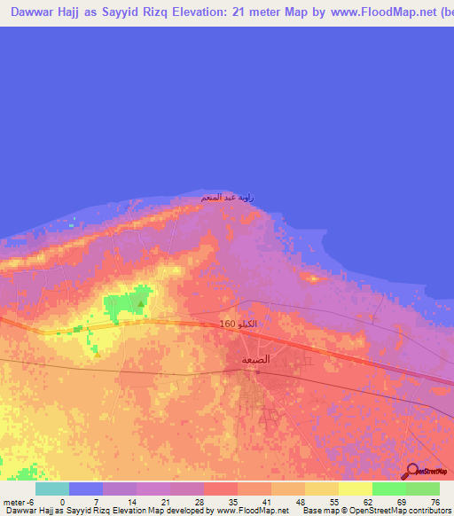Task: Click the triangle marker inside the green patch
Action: pyautogui.click(x=140, y=303)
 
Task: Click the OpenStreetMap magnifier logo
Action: pyautogui.click(x=411, y=472)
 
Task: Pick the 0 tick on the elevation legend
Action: pyautogui.click(x=62, y=501)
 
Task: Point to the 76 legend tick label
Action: pyautogui.click(x=434, y=501)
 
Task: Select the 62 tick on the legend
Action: pyautogui.click(x=366, y=501)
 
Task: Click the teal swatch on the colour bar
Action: pyautogui.click(x=52, y=489)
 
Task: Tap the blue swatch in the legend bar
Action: pyautogui.click(x=86, y=489)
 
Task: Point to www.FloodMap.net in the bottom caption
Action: pyautogui.click(x=252, y=511)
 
